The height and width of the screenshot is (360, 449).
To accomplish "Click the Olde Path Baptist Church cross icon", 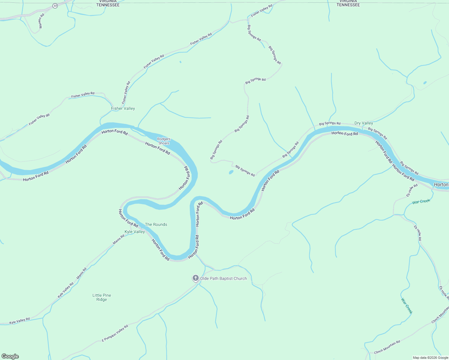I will tap(195, 278).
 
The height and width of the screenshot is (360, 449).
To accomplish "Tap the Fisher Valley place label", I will tap(123, 108).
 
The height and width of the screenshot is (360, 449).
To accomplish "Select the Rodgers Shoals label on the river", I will tap(164, 141).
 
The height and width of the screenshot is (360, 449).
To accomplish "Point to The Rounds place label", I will tap(156, 224).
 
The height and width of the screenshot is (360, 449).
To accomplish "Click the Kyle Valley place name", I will tap(135, 232).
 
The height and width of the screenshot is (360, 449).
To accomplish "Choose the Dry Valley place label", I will tap(364, 123).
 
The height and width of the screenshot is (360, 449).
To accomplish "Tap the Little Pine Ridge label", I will tap(102, 297).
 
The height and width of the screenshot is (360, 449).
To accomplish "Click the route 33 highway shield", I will tap(55, 6).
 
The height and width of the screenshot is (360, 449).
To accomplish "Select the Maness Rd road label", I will tap(41, 21).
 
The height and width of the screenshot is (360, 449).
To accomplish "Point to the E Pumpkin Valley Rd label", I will tap(115, 333).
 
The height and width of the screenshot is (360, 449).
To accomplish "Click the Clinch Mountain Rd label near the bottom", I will tap(387, 347).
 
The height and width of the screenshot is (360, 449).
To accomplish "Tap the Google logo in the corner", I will tap(10, 356).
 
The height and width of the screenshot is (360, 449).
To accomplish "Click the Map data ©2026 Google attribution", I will tap(430, 358).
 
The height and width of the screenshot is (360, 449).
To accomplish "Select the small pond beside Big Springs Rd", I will tap(231, 172).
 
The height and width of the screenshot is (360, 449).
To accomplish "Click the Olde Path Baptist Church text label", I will tap(223, 278).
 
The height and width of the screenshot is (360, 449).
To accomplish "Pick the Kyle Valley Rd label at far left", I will tap(20, 321).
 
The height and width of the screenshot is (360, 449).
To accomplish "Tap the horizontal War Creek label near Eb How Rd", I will tap(421, 201).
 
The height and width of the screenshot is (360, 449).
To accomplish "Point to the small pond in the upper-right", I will tap(425, 82).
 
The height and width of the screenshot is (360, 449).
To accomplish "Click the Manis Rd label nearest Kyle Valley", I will tap(119, 240).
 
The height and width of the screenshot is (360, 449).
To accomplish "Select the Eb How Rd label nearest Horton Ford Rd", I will tap(412, 190).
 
